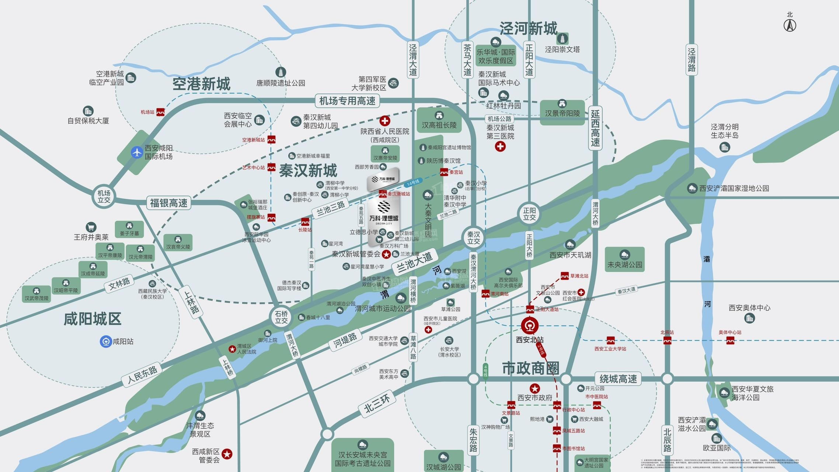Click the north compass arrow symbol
click(x=790, y=25)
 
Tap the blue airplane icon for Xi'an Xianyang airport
click(x=137, y=152)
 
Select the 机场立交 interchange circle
click(x=104, y=197)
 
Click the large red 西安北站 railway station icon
click(x=530, y=325)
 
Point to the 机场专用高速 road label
click(x=347, y=101)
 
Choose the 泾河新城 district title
click(x=528, y=28)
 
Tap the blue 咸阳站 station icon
click(x=106, y=341)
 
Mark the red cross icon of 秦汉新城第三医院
click(x=500, y=146)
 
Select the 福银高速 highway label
click(x=169, y=203)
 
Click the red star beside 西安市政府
click(x=535, y=388)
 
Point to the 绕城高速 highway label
click(x=618, y=379)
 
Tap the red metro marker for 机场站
click(x=160, y=112)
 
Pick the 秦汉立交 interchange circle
click(x=474, y=238)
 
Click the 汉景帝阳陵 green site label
click(x=562, y=113)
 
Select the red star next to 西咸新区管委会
click(x=227, y=454)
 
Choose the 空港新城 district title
click(x=201, y=84)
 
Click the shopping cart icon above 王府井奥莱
click(x=91, y=227)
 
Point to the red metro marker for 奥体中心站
click(x=730, y=340)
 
